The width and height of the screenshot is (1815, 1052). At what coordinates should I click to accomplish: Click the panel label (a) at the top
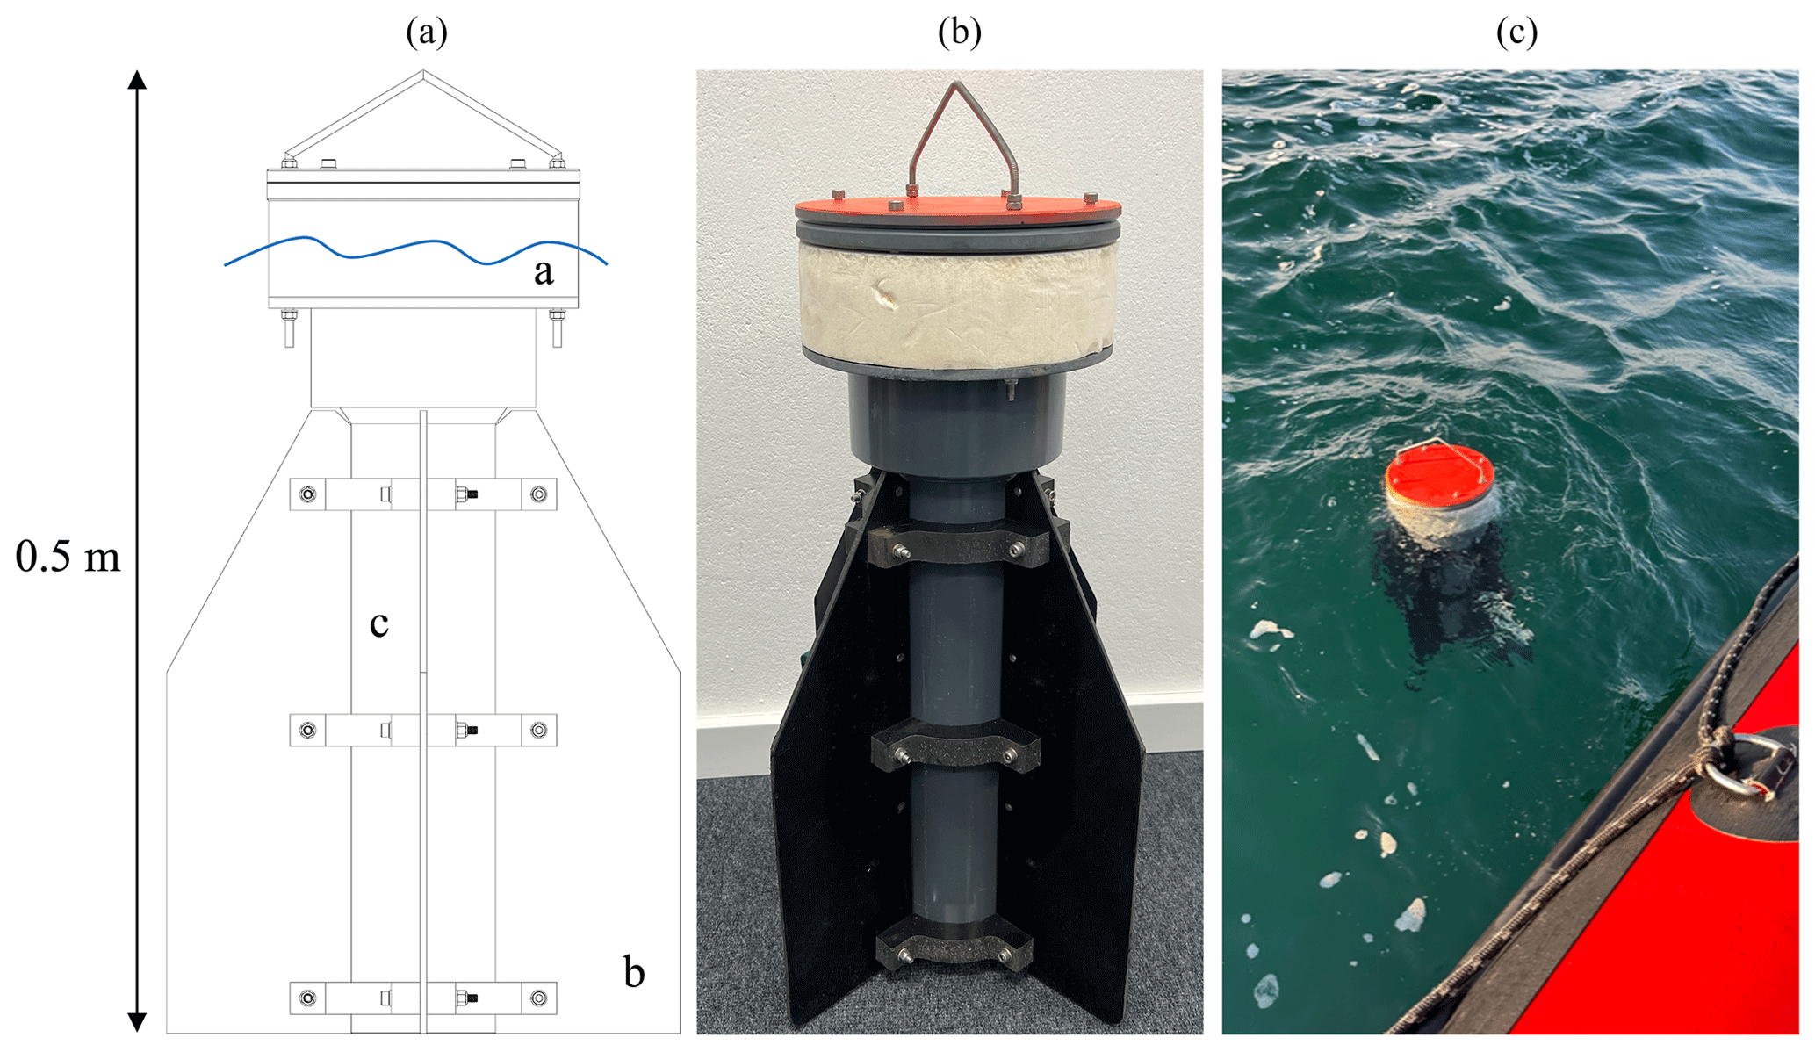coord(426,32)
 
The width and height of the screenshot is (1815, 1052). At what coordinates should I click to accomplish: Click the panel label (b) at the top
coord(959,32)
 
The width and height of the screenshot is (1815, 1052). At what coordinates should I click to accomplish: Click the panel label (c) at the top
coord(1516,32)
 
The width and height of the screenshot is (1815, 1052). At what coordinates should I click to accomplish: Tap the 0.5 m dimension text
coord(68,557)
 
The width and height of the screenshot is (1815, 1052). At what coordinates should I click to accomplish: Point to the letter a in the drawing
coord(544,272)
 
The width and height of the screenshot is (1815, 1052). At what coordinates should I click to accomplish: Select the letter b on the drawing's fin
coord(633,972)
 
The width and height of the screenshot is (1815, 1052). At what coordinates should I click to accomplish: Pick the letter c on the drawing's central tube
coord(378,623)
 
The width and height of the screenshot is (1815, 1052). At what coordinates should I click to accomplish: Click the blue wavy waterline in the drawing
coord(413,249)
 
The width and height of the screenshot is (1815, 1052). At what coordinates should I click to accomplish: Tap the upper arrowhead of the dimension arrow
coord(137,81)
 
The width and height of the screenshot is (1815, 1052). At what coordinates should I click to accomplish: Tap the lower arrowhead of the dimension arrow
coord(137,1020)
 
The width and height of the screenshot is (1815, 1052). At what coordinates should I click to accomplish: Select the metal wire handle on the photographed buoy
coord(963,132)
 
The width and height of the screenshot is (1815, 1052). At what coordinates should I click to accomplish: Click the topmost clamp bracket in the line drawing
coord(423,494)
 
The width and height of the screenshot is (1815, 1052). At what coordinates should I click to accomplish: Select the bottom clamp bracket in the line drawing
coord(423,998)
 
